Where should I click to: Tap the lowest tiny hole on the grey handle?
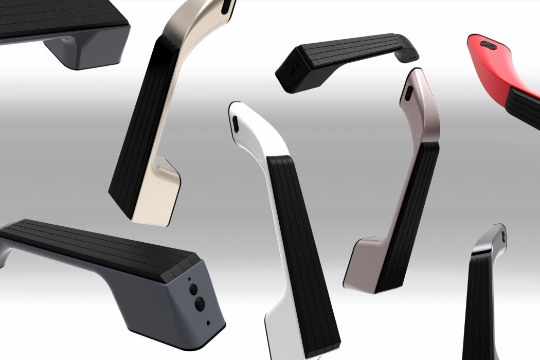click(207, 323)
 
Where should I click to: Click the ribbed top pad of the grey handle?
click(98, 247)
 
